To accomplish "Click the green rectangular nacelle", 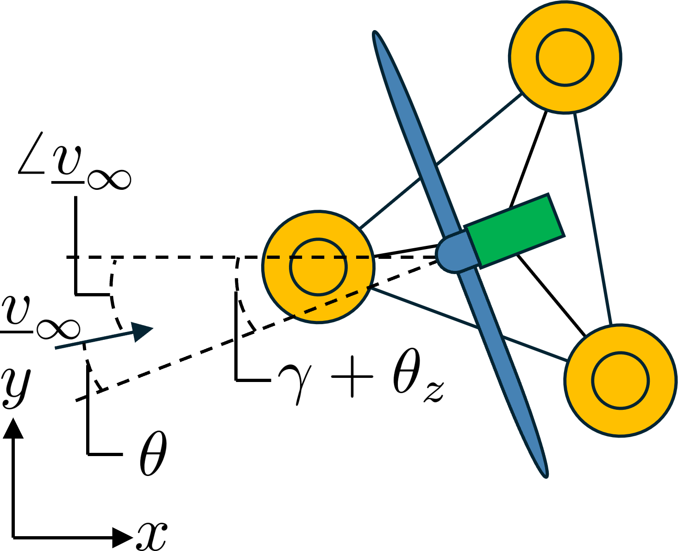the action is (515, 231).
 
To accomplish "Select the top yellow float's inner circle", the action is (565, 57).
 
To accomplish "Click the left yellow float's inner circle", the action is (318, 267).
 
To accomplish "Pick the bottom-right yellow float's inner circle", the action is (621, 381).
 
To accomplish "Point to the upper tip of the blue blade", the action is (375, 32).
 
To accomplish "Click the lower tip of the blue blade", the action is (546, 476).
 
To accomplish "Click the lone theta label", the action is (153, 454).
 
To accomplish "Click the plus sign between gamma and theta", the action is (352, 376).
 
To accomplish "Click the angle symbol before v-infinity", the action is (31, 153).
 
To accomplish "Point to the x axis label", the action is (152, 536).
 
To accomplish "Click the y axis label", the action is (16, 388).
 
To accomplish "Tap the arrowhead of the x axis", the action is (123, 538).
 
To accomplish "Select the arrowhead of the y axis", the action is (13, 429).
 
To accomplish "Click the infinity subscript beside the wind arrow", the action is (58, 329).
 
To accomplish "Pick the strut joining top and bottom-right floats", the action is (593, 219).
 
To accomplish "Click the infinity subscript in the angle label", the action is (109, 180).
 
